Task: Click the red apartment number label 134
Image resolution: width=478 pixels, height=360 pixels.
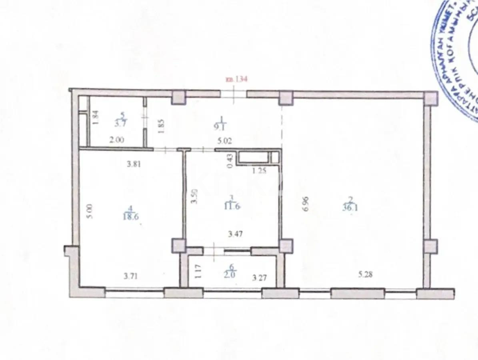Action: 237,79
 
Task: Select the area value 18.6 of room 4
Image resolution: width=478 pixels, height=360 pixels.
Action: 131,216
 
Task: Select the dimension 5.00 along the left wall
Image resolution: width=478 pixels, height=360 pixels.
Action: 91,212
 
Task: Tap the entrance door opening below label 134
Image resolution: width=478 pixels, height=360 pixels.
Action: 234,94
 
